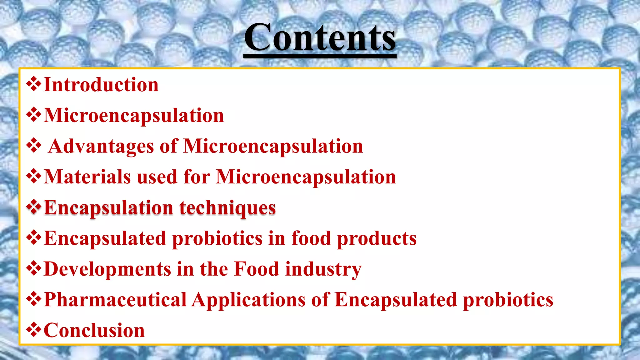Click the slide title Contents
[320, 37]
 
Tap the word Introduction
[101, 85]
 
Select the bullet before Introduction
[34, 84]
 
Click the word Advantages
[101, 146]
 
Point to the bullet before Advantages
[34, 146]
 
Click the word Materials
[87, 177]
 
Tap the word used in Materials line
[157, 177]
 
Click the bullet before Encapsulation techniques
[34, 207]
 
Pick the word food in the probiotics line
[311, 238]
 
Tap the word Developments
[107, 269]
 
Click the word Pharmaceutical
[115, 300]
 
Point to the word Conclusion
[94, 330]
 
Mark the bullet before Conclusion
[34, 330]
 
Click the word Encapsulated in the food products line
[105, 239]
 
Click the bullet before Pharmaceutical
[34, 299]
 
